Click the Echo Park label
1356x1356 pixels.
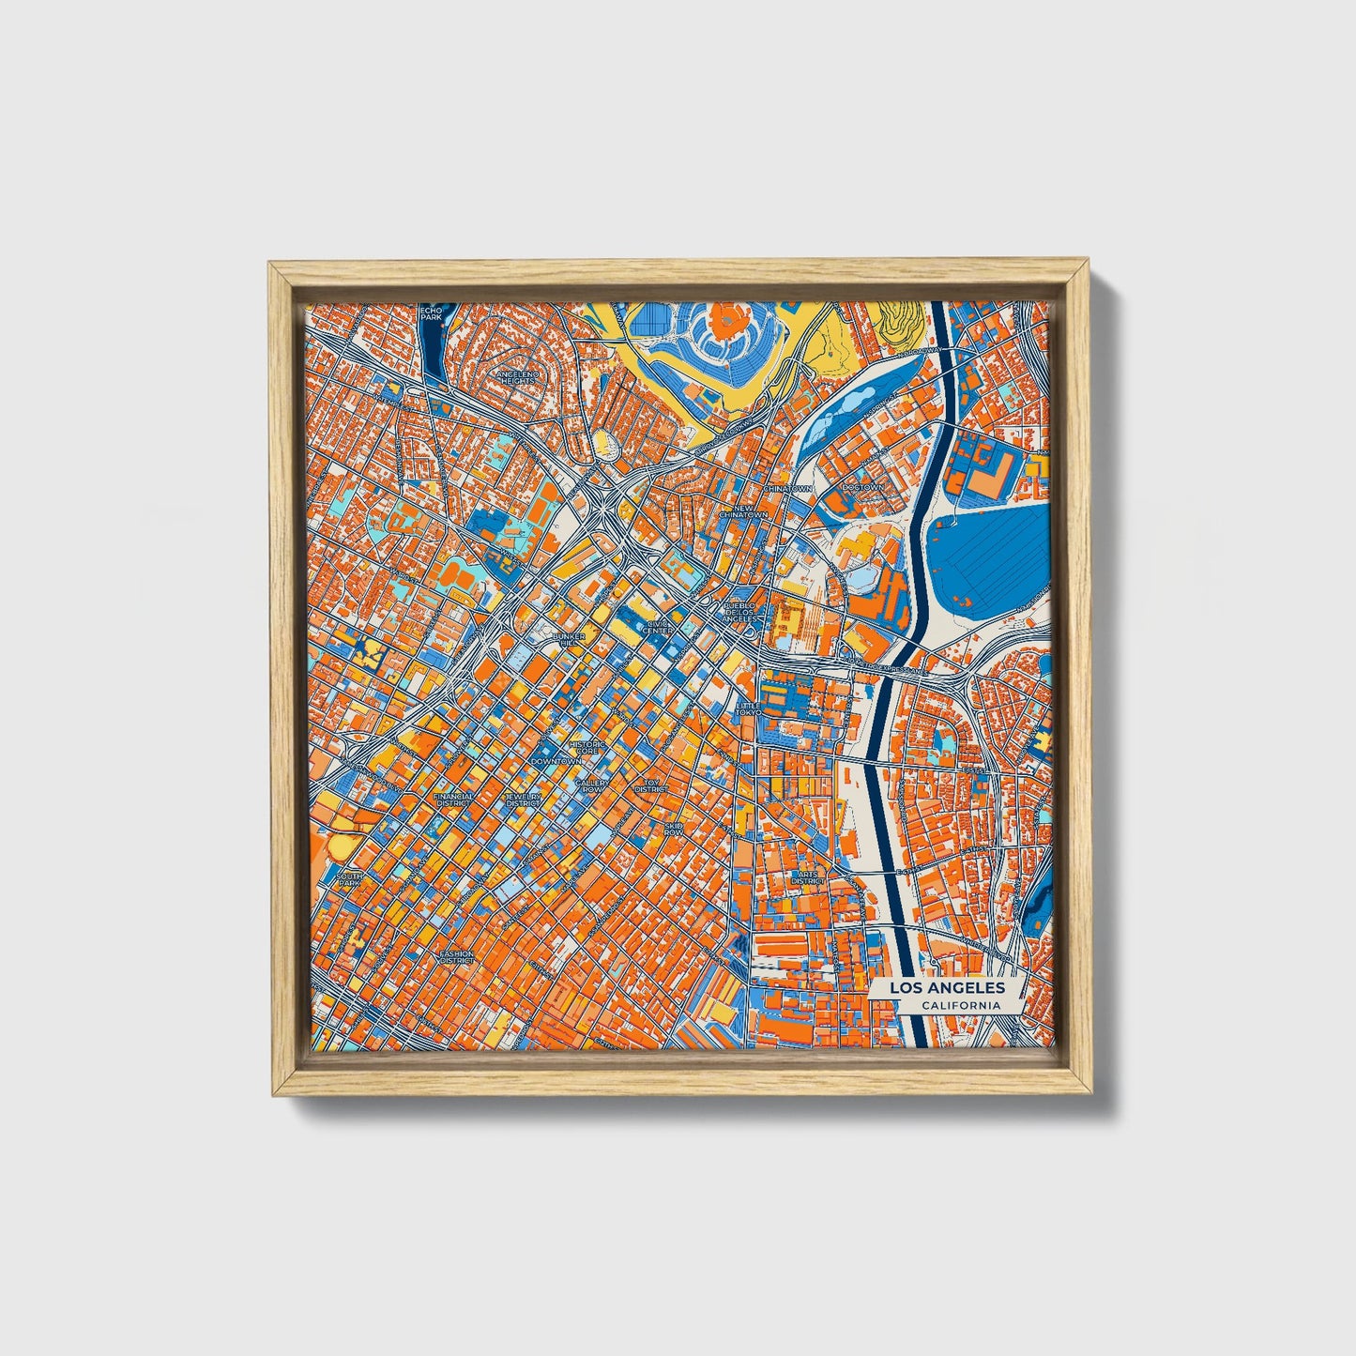[x=431, y=313]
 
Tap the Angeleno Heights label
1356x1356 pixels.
[x=518, y=376]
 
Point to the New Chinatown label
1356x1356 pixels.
[x=744, y=511]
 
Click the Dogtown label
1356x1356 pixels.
[x=863, y=488]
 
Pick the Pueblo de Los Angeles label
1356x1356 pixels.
[x=739, y=612]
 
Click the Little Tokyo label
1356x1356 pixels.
[x=749, y=708]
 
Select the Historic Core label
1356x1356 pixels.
[x=588, y=748]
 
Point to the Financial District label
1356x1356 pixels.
[x=453, y=800]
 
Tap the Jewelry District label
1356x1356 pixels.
[x=523, y=800]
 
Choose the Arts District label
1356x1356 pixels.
[x=804, y=877]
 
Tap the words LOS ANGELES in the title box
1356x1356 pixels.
[x=947, y=988]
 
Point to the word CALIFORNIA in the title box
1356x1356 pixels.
[x=959, y=1006]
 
